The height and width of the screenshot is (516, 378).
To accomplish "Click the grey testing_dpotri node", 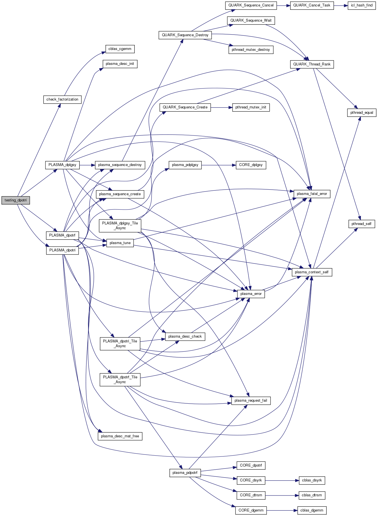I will pos(16,200).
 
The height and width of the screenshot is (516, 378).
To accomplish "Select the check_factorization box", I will pos(62,99).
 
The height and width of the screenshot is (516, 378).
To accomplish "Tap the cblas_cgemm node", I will pos(120,49).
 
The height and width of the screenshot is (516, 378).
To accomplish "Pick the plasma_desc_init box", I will pos(120,64).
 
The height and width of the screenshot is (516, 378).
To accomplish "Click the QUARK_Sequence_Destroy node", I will pos(185,35).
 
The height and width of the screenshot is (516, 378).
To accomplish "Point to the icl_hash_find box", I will pos(362,5).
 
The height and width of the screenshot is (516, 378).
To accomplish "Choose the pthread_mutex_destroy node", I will pos(251,50).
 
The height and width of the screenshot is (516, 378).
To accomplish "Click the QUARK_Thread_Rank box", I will pos(312,64).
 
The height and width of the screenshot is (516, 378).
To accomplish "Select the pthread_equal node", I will pos(362,113).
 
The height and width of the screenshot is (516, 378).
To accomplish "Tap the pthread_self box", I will pos(361,224).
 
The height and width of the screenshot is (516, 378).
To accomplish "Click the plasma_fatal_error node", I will pos(312,194).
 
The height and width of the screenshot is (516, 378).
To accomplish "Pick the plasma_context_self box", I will pos(312,272).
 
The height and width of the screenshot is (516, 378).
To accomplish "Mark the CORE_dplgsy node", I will pos(251,165).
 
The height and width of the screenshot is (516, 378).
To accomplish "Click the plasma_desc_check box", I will pos(185,337).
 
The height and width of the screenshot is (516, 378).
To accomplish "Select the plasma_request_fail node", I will pos(251,401).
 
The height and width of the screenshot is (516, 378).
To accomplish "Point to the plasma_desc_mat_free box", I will pos(120,436).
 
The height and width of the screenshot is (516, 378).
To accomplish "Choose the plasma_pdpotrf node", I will pos(185,473).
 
